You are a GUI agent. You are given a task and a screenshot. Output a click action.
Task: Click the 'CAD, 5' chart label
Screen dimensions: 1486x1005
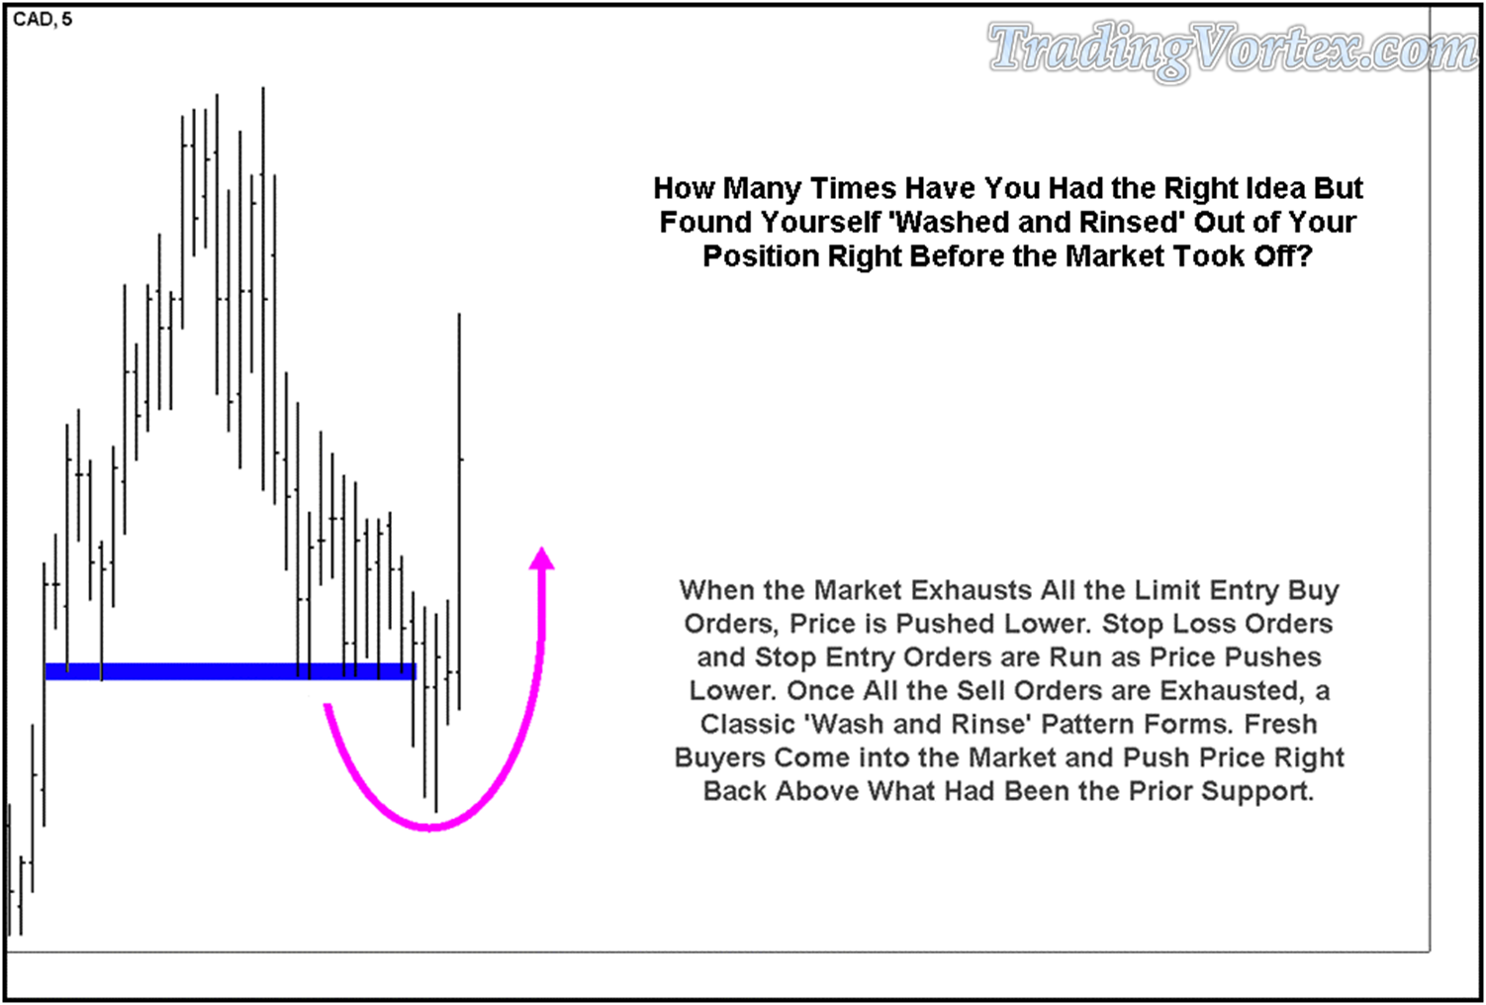43,20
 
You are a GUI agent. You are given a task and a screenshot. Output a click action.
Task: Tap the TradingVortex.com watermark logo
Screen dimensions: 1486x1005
1234,50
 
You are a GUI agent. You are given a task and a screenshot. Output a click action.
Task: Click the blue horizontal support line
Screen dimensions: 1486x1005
231,671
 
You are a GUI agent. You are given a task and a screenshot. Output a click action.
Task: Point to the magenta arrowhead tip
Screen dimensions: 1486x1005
542,548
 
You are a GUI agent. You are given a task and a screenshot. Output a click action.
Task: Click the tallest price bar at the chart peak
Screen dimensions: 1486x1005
263,289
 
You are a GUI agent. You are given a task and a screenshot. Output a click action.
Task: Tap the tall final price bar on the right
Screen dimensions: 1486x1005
459,512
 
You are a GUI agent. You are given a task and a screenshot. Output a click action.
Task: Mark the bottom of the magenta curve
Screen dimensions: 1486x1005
430,827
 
